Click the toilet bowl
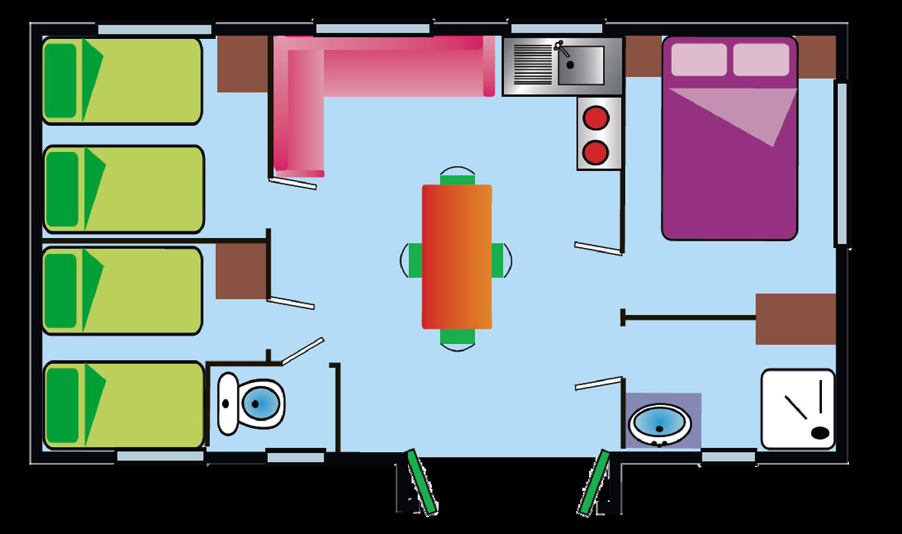[260, 404]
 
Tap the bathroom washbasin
[660, 424]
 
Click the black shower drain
[820, 433]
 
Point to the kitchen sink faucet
[561, 50]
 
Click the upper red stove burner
[596, 118]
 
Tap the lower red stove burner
[596, 152]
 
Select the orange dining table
[457, 257]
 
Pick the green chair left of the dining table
[414, 260]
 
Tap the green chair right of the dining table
[498, 260]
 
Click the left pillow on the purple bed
[698, 59]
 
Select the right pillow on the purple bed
[760, 59]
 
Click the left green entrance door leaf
[422, 482]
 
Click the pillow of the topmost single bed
[61, 81]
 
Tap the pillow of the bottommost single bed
[62, 405]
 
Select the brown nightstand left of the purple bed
[643, 56]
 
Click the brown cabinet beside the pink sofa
[242, 64]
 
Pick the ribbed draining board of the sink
[533, 65]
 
